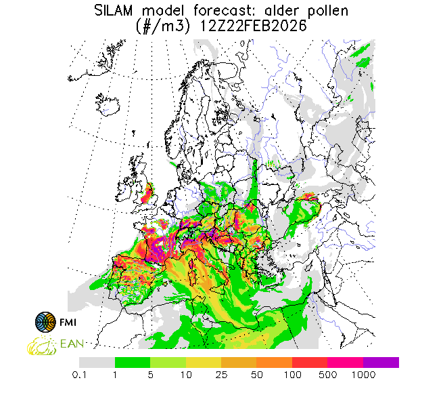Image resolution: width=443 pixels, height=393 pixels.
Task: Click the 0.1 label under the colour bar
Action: [80, 373]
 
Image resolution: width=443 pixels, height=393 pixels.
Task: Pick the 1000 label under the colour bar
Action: [363, 373]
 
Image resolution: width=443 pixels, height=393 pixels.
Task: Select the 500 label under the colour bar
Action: [328, 373]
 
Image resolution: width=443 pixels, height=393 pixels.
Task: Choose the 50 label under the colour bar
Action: [257, 373]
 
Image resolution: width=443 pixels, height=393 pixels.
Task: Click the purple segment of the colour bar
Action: [381, 363]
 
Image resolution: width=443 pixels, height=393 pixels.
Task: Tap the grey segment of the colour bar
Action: [97, 363]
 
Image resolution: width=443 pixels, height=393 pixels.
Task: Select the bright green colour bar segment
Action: [133, 363]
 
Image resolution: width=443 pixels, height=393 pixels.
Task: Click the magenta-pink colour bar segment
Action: [346, 363]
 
